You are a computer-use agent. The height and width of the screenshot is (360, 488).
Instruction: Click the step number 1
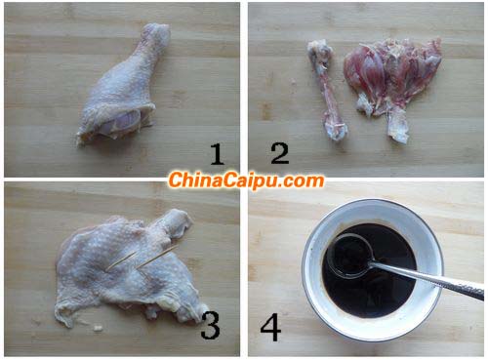(x=218, y=154)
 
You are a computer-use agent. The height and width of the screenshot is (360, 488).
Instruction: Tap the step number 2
(x=280, y=153)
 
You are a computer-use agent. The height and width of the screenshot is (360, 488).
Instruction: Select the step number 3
(x=210, y=325)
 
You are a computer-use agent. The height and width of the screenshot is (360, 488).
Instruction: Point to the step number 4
(x=270, y=327)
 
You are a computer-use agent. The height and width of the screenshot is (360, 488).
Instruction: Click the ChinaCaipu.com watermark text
(x=246, y=180)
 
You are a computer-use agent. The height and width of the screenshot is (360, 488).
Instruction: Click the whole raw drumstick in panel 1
(x=124, y=86)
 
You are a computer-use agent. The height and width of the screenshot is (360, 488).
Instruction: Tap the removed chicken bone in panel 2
(x=327, y=90)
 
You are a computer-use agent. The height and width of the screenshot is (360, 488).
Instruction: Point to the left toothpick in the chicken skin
(x=121, y=260)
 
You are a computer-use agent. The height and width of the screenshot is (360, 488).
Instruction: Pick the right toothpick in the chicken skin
(x=156, y=257)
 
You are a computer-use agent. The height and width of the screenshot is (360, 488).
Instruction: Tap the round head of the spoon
(x=350, y=256)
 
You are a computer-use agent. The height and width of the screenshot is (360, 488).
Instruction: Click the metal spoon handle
(x=429, y=280)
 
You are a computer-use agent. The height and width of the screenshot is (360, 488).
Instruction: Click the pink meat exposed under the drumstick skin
(x=120, y=123)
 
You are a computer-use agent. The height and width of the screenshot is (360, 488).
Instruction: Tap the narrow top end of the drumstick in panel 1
(x=156, y=32)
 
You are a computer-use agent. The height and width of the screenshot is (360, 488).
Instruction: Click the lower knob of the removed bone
(x=336, y=129)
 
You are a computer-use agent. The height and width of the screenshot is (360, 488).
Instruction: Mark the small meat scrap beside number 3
(x=98, y=328)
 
